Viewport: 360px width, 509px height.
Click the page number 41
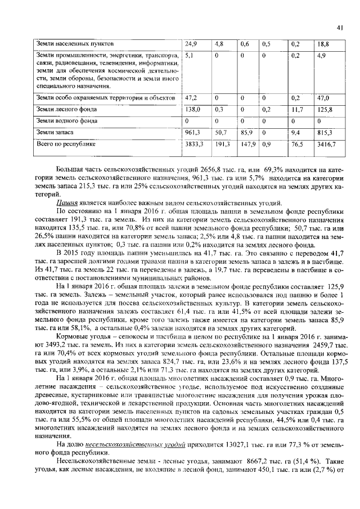(x=340, y=26)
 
